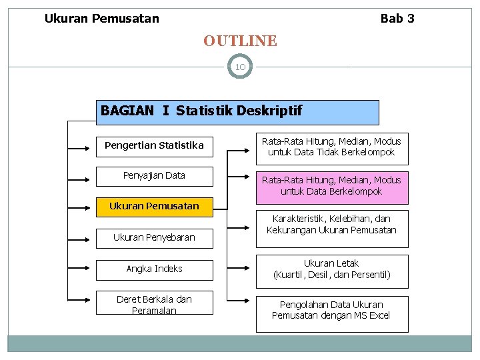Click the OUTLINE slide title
pyautogui.click(x=240, y=41)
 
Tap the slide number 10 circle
pyautogui.click(x=240, y=67)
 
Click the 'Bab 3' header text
pyautogui.click(x=397, y=19)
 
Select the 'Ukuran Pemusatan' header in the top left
pyautogui.click(x=102, y=19)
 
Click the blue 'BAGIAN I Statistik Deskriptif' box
pyautogui.click(x=238, y=112)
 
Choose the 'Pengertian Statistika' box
pyautogui.click(x=154, y=145)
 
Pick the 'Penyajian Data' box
pyautogui.click(x=154, y=176)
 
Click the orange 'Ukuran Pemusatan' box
pyautogui.click(x=154, y=207)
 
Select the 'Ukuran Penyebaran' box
pyautogui.click(x=154, y=237)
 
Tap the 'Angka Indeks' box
pyautogui.click(x=154, y=269)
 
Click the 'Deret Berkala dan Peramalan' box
pyautogui.click(x=154, y=305)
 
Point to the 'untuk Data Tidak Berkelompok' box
pyautogui.click(x=331, y=147)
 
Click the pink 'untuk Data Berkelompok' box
pyautogui.click(x=331, y=186)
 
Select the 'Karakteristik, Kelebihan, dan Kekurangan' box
pyautogui.click(x=331, y=225)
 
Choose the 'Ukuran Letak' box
pyautogui.click(x=331, y=269)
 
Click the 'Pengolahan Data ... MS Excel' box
pyautogui.click(x=331, y=311)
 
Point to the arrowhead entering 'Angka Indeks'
pyautogui.click(x=93, y=269)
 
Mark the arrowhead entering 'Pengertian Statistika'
pyautogui.click(x=93, y=145)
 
